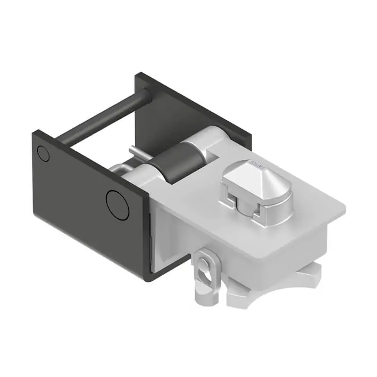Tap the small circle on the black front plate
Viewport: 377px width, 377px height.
[x=43, y=154]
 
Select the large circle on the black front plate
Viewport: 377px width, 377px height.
[x=117, y=205]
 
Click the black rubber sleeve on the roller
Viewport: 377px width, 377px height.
[x=172, y=165]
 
